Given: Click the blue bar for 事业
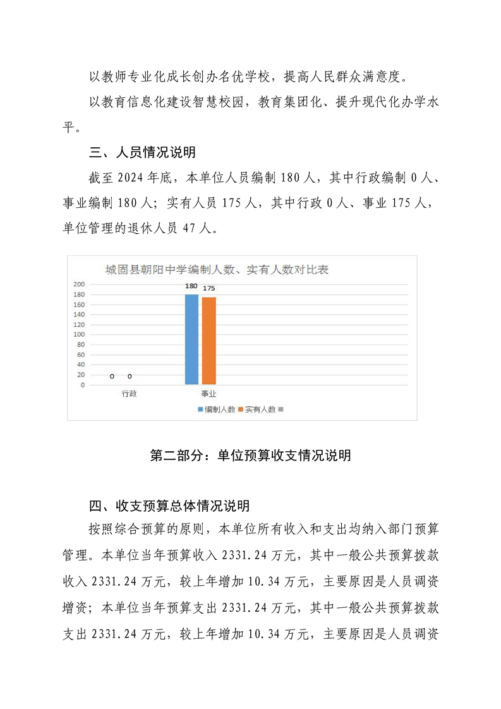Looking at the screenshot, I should [191, 339].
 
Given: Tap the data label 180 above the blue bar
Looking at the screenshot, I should [191, 286].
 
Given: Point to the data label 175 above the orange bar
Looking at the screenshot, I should [209, 289].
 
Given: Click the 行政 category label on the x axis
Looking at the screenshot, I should [130, 393].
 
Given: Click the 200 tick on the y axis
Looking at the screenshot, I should [79, 284].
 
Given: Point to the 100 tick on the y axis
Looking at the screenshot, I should [79, 334].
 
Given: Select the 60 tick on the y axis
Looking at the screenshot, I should [80, 354].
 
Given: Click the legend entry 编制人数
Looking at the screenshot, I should [218, 409].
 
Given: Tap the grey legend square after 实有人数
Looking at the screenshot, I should [281, 409].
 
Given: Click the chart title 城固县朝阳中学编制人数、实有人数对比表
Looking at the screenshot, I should [217, 270].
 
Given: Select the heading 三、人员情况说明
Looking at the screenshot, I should [143, 152].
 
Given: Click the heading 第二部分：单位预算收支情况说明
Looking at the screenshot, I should [250, 456].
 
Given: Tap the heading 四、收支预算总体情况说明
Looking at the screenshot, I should [170, 506].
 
